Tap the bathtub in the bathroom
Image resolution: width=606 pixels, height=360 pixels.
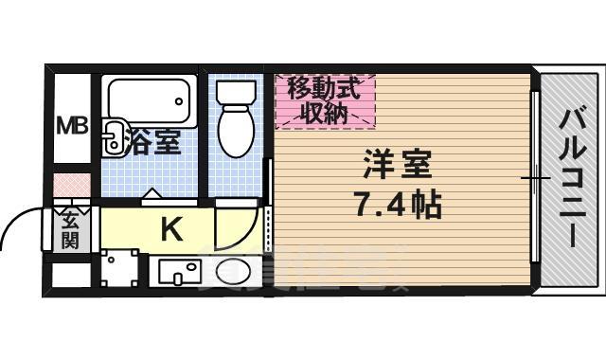click(150, 99)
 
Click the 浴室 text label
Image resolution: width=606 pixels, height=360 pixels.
click(154, 143)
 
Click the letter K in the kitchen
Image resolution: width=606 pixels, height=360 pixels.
click(170, 228)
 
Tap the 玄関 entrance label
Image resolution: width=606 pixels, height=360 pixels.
click(71, 230)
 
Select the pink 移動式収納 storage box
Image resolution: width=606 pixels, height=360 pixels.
click(325, 101)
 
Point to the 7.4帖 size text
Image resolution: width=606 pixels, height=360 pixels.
click(397, 203)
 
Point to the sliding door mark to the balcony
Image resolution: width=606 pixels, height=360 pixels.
click(535, 177)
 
